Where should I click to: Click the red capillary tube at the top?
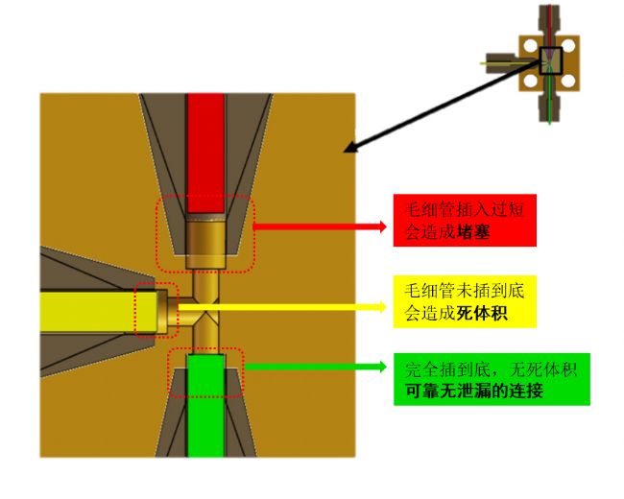pyautogui.click(x=206, y=144)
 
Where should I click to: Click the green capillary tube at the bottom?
pyautogui.click(x=206, y=403)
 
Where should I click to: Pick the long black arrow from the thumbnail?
pyautogui.click(x=442, y=106)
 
